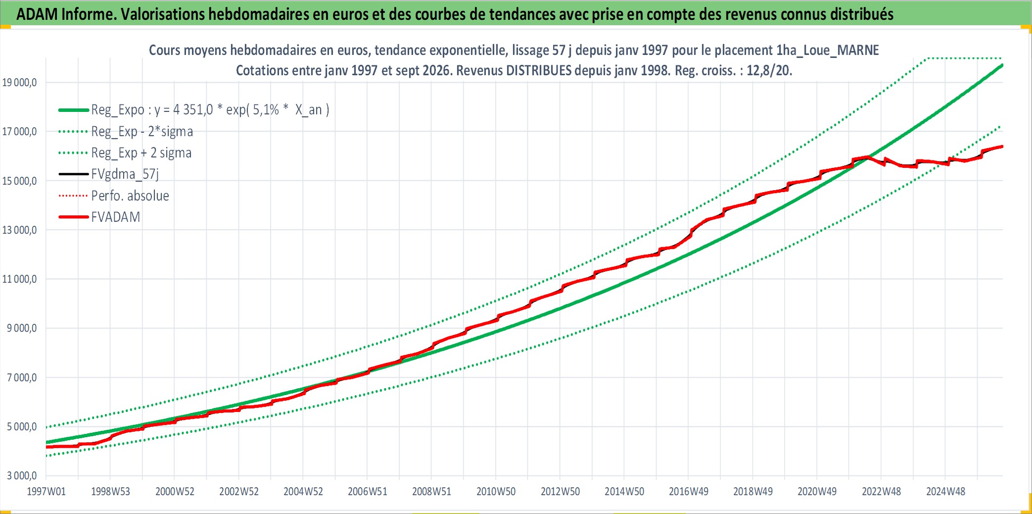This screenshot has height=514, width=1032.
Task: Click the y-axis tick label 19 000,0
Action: coord(19,82)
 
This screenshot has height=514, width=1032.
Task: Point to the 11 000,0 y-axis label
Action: coord(19,279)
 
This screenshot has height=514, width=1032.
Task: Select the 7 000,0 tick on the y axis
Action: coord(22,377)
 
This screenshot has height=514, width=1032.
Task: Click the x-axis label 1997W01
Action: coord(46,491)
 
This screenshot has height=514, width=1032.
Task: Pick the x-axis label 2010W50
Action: coord(496,491)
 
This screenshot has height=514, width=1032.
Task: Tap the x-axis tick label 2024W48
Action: coord(945,491)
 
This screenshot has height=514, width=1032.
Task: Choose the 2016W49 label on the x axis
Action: coord(689,491)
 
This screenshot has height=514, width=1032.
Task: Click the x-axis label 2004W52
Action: coord(303,491)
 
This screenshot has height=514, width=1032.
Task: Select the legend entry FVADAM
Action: coord(116,217)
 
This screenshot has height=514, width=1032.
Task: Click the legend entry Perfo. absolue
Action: coord(130,196)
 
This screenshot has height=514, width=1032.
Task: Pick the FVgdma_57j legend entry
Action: coord(125,174)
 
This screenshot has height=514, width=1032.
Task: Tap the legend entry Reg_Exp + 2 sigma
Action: coord(141,153)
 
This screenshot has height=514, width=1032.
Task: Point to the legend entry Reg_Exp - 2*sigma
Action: coord(142,131)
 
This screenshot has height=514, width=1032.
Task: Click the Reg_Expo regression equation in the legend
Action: coord(210,109)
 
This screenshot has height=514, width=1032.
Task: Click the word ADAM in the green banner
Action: coord(38,14)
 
